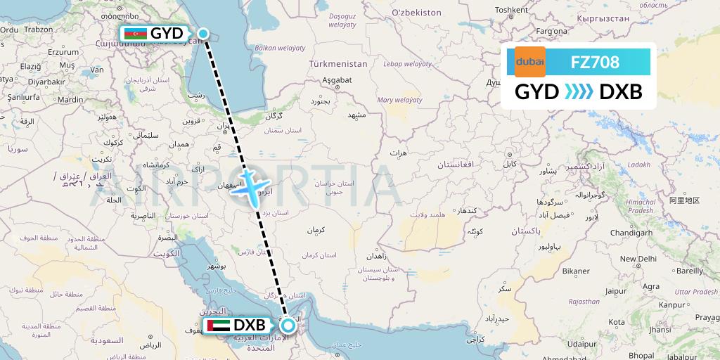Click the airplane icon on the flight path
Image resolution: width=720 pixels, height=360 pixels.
tap(251, 185)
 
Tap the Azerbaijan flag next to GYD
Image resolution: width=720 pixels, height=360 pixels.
tap(135, 34)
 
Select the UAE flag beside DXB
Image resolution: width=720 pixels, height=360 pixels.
tap(217, 326)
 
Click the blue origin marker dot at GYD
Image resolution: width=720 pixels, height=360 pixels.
tap(203, 33)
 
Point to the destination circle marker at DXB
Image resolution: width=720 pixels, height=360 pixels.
tap(288, 326)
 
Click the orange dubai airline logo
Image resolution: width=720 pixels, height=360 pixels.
tap(530, 62)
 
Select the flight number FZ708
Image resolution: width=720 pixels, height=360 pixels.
tap(595, 62)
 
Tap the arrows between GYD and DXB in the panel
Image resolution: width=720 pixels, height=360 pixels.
tap(579, 92)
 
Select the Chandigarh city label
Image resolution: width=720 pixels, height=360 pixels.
tap(632, 232)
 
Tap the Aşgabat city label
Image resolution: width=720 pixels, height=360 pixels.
tap(337, 80)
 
